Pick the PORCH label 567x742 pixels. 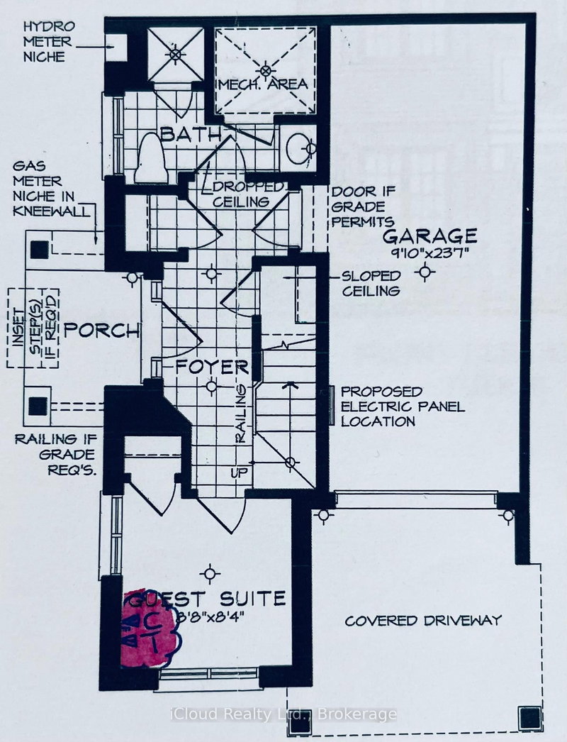(x=102, y=331)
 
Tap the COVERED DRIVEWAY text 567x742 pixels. (x=423, y=621)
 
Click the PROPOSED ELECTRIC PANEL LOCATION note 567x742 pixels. (x=402, y=406)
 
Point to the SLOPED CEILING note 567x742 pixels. (x=371, y=283)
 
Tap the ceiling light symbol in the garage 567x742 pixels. (x=424, y=271)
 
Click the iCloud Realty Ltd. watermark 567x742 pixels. (x=283, y=714)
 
